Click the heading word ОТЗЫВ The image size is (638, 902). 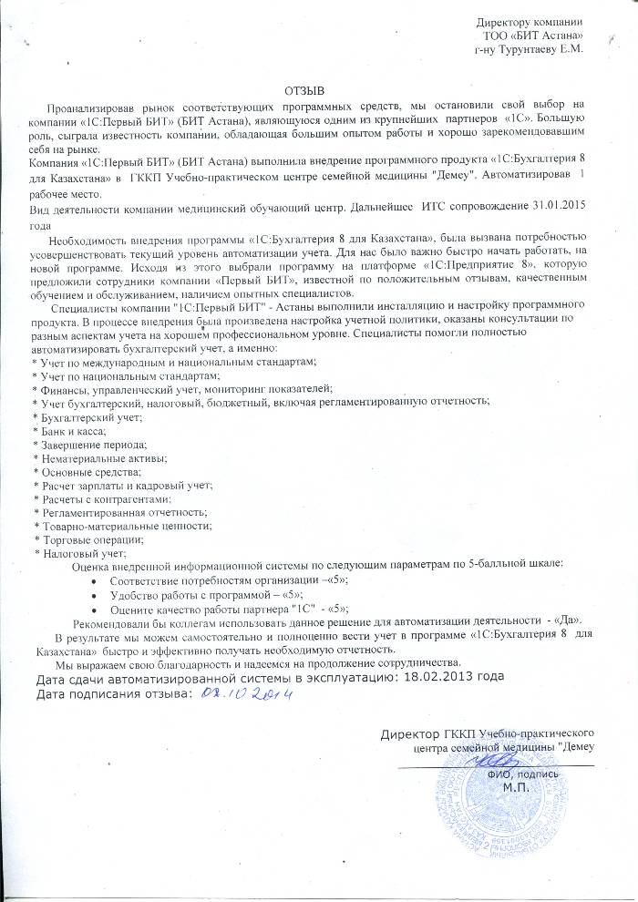[304, 91]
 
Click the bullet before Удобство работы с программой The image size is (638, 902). [96, 595]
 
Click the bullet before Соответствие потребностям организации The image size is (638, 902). [96, 580]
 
